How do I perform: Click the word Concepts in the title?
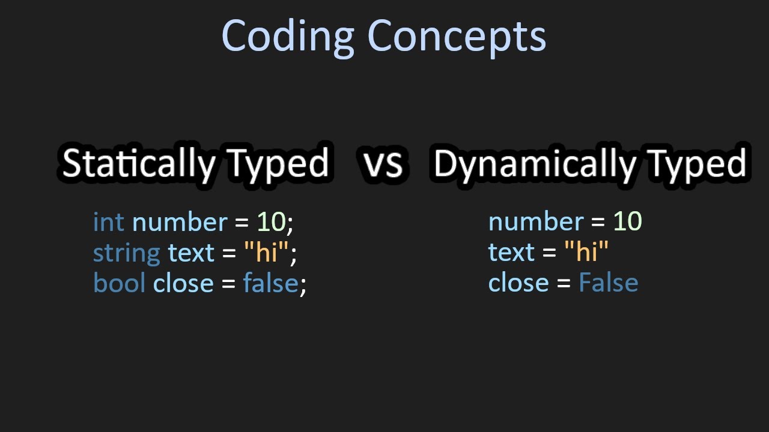pyautogui.click(x=457, y=36)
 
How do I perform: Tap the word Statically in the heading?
pyautogui.click(x=138, y=163)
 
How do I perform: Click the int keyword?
pyautogui.click(x=109, y=222)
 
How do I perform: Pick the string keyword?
pyautogui.click(x=126, y=253)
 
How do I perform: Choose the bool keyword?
pyautogui.click(x=119, y=283)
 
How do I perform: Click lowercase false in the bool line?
pyautogui.click(x=270, y=283)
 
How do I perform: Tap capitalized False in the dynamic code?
pyautogui.click(x=608, y=283)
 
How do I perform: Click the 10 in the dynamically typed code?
pyautogui.click(x=627, y=222)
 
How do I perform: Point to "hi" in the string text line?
pyautogui.click(x=266, y=252)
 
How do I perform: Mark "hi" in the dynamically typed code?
pyautogui.click(x=586, y=252)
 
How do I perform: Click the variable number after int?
pyautogui.click(x=180, y=222)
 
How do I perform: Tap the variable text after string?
pyautogui.click(x=191, y=253)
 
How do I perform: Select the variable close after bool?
pyautogui.click(x=183, y=283)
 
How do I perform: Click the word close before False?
pyautogui.click(x=518, y=283)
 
